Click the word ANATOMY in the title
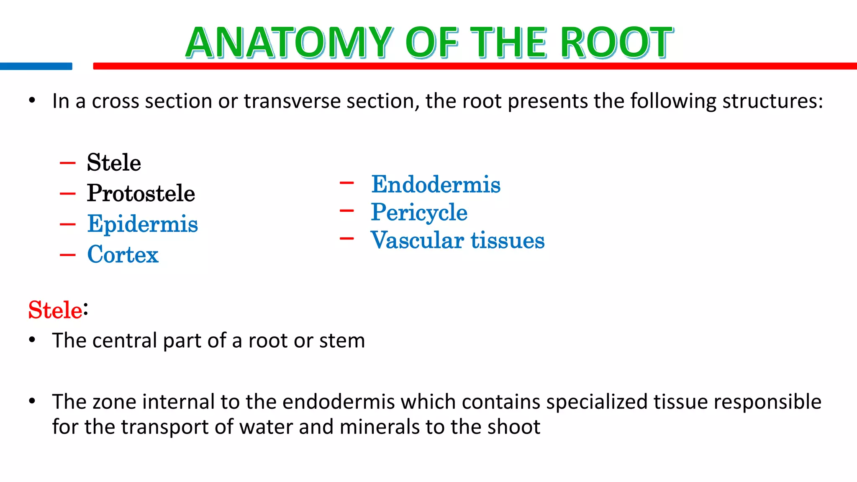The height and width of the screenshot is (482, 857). click(x=289, y=43)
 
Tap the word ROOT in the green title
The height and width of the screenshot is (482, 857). click(x=617, y=43)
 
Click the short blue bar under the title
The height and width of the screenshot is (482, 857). click(x=36, y=66)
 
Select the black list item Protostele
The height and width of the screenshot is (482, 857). click(x=141, y=193)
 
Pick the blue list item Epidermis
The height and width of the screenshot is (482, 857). click(x=142, y=224)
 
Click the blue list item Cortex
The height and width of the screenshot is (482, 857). click(x=123, y=254)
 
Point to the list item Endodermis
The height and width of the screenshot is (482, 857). click(x=436, y=185)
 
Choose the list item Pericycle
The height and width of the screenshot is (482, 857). click(x=419, y=212)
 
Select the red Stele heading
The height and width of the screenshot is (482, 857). click(x=55, y=310)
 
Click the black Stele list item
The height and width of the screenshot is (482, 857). click(x=114, y=163)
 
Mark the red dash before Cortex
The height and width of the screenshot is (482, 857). click(x=67, y=254)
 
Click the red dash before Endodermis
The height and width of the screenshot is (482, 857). click(x=347, y=183)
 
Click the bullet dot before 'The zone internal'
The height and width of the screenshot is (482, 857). click(x=32, y=401)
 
